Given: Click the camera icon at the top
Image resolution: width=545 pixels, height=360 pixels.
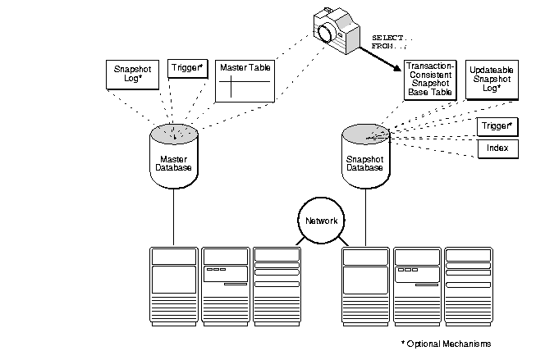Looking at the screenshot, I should point(337,28).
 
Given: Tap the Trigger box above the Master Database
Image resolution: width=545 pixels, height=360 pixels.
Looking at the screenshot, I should point(186,69).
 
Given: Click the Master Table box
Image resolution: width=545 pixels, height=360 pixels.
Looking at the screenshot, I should point(245,80).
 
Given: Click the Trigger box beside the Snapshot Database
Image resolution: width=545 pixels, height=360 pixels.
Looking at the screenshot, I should point(495,126).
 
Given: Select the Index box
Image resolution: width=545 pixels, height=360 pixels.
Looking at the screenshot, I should point(495,149).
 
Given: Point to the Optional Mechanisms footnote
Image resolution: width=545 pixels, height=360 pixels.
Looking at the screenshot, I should point(447,344).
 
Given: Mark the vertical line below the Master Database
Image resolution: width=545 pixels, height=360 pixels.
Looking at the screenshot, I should point(173,217).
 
